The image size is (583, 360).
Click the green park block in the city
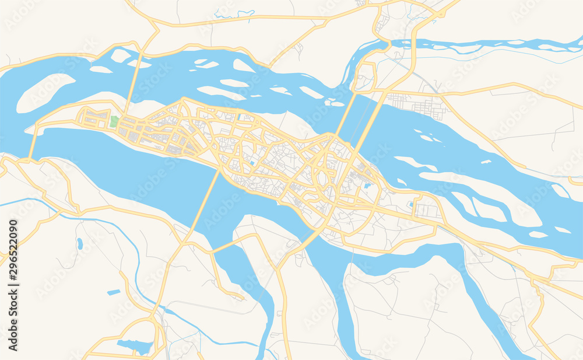point(114,122)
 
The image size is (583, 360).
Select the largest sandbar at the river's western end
point(44,92)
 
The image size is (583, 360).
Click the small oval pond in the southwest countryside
point(79,243)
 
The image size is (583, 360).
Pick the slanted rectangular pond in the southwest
point(114,292)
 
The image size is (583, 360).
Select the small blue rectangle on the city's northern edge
point(240,117)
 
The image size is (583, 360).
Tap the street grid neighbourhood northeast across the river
point(417,104)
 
